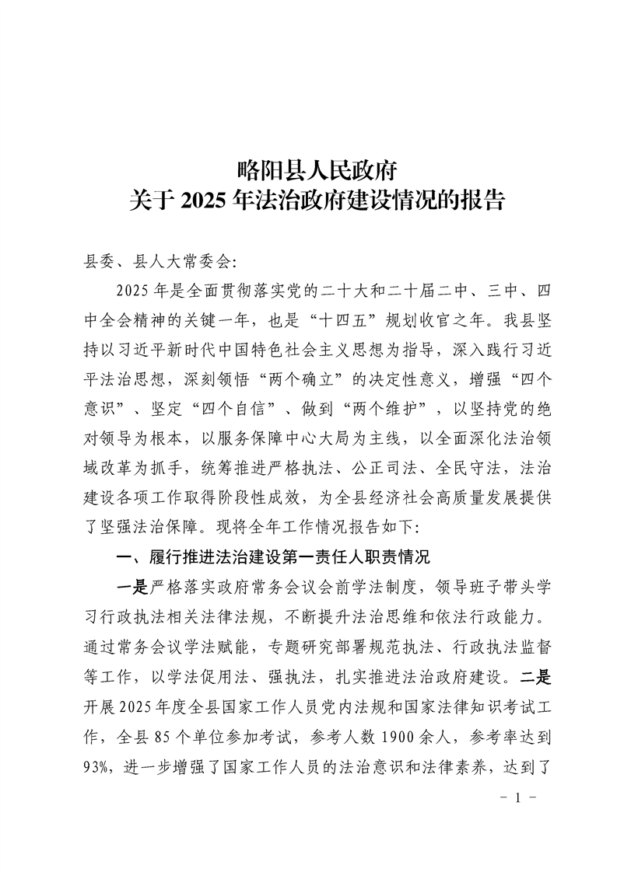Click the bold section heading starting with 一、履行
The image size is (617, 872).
[x=272, y=556]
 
